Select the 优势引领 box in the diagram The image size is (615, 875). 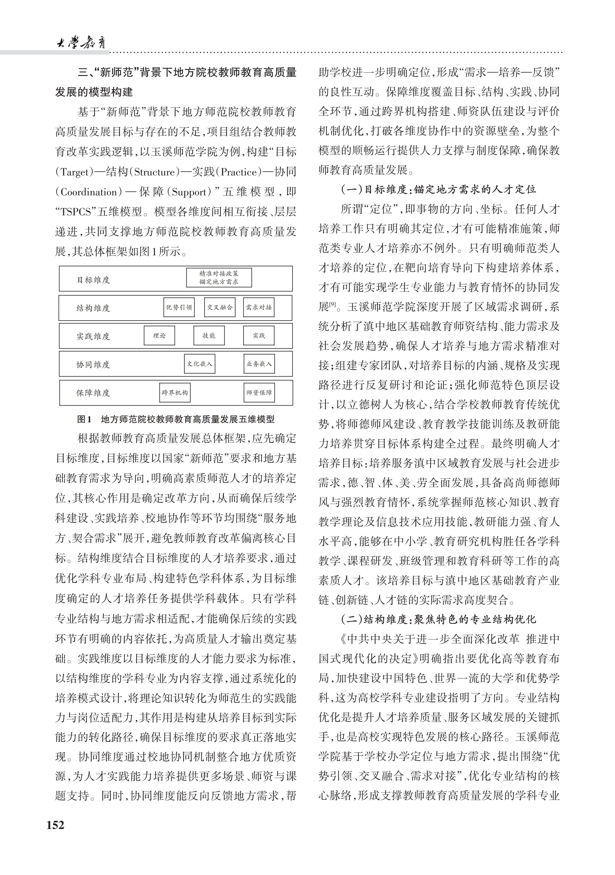(179, 307)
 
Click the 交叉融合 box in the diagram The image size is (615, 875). (219, 307)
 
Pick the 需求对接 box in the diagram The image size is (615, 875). (259, 307)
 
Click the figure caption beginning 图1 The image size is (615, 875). (176, 420)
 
